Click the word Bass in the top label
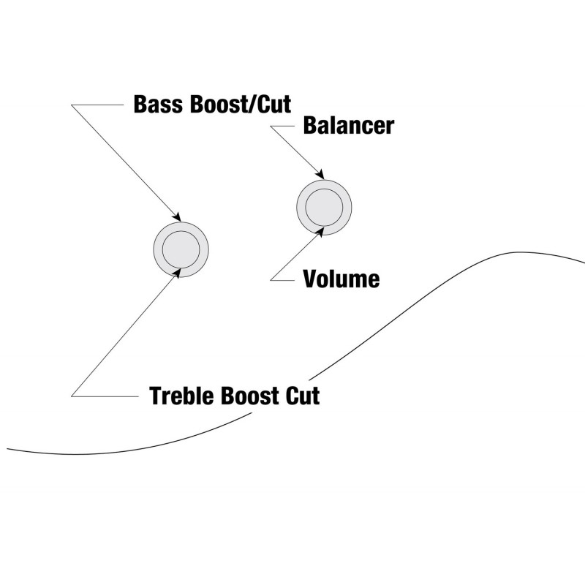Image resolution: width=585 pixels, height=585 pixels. (x=158, y=104)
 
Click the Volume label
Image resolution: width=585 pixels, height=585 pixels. (x=341, y=279)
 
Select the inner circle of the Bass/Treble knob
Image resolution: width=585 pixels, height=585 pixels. (x=181, y=248)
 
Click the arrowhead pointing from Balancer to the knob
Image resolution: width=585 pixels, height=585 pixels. (x=320, y=175)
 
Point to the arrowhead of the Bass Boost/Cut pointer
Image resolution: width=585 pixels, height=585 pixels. (x=177, y=217)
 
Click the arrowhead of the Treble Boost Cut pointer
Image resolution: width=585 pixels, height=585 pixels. (x=176, y=272)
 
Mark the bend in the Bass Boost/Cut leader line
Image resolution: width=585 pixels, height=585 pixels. (x=72, y=105)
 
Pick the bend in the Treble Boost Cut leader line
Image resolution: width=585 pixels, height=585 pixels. (x=72, y=396)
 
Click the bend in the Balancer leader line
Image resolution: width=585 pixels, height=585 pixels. (x=271, y=127)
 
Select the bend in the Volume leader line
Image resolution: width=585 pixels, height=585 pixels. (x=271, y=279)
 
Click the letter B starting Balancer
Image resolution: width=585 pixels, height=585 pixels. (x=310, y=126)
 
